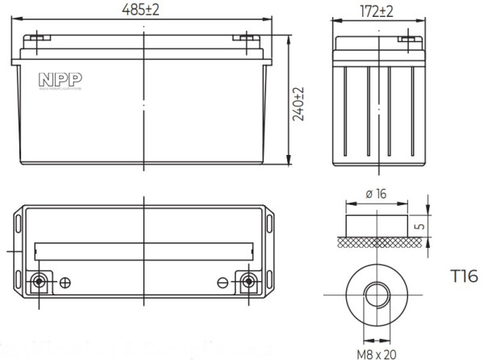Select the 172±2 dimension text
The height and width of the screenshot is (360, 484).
pyautogui.click(x=374, y=11)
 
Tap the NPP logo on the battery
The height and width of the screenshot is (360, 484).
pyautogui.click(x=54, y=79)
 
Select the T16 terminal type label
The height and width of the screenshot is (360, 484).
pyautogui.click(x=462, y=277)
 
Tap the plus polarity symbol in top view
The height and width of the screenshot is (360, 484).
pyautogui.click(x=66, y=282)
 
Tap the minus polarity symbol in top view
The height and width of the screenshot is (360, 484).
pyautogui.click(x=223, y=282)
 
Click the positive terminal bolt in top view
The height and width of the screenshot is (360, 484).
pyautogui.click(x=38, y=282)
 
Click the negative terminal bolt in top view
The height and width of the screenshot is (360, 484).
pyautogui.click(x=250, y=282)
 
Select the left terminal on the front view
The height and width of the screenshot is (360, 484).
pyautogui.click(x=38, y=37)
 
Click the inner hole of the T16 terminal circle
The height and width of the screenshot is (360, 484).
pyautogui.click(x=375, y=295)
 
